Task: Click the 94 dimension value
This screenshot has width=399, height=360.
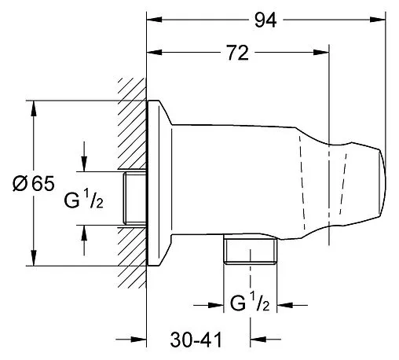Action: click(265, 20)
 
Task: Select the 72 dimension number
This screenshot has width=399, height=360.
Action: click(237, 53)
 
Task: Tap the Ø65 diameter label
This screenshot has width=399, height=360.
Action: click(34, 183)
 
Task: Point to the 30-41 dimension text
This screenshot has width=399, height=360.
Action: click(196, 340)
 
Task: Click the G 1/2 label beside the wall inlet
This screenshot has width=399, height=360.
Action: click(84, 200)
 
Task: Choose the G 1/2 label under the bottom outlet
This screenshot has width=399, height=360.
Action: click(250, 303)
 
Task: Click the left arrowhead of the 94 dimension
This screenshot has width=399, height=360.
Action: click(154, 20)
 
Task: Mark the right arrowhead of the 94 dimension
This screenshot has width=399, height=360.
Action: click(378, 20)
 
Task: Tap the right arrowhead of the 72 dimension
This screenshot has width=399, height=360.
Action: click(321, 53)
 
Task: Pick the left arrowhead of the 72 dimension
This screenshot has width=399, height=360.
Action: click(154, 53)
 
